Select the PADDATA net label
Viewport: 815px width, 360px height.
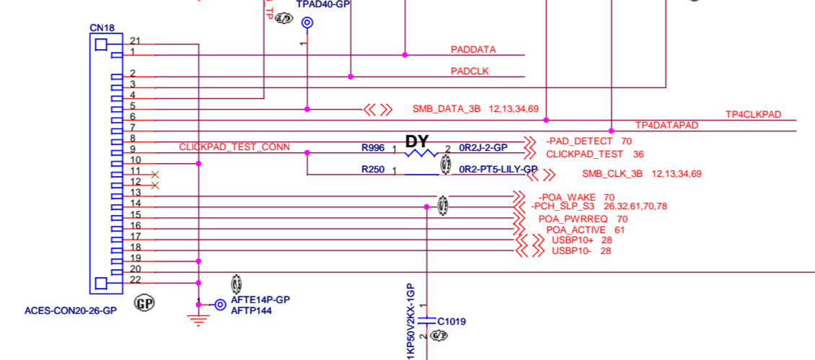(x=473, y=50)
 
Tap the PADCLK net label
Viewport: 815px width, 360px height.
(x=471, y=71)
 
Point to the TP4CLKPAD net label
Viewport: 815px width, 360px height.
(x=754, y=115)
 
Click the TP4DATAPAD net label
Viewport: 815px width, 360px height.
(x=667, y=126)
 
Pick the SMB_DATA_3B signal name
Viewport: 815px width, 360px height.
(x=446, y=110)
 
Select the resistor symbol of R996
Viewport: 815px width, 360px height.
(x=422, y=153)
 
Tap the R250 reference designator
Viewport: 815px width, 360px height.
(x=373, y=170)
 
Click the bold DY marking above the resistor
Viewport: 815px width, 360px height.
(x=418, y=141)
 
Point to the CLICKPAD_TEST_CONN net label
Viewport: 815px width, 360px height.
(x=234, y=147)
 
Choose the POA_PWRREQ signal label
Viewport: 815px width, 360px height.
(x=572, y=219)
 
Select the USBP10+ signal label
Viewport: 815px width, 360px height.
(x=572, y=240)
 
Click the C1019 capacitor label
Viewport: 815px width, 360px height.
(x=452, y=321)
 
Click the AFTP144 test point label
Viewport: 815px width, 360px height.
(x=250, y=311)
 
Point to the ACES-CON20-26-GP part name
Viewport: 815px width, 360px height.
(x=71, y=312)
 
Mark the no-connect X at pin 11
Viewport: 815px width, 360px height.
(x=154, y=175)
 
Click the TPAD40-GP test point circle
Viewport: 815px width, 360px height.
(x=307, y=23)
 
